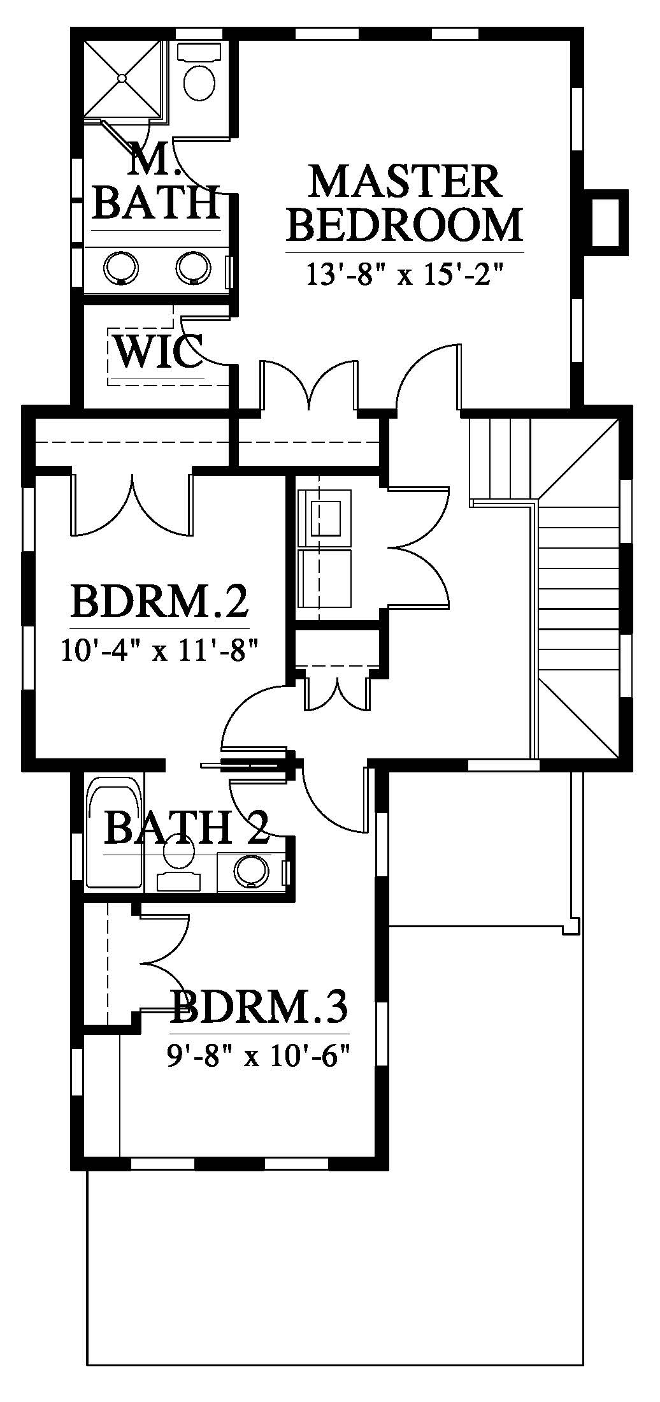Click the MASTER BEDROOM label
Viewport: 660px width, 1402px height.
coord(405,203)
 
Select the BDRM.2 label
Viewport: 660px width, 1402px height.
coord(159,602)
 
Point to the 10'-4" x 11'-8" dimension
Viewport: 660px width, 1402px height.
coord(159,651)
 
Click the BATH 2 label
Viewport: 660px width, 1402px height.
coord(186,828)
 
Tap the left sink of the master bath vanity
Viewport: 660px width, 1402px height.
coord(121,267)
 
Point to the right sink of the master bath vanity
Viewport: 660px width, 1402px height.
coord(194,267)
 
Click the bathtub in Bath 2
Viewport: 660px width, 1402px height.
coord(114,831)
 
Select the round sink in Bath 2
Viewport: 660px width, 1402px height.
coord(252,870)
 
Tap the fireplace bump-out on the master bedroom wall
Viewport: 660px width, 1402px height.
coord(606,218)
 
